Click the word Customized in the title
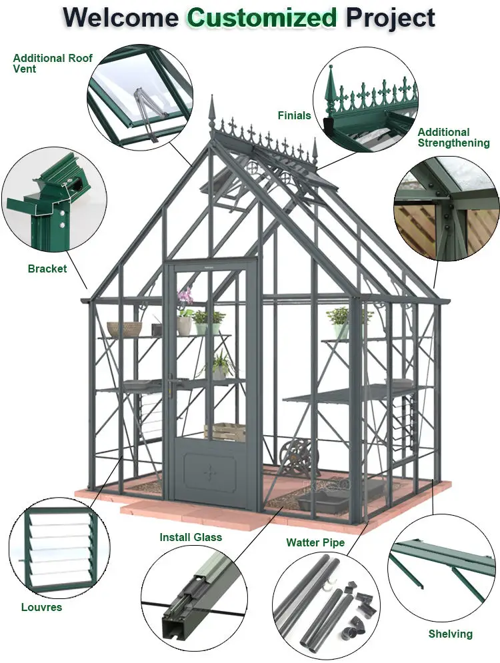pos(261,17)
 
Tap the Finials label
pos(294,115)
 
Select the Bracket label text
pos(47,269)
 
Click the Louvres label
pos(41,607)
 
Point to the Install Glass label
pos(191,537)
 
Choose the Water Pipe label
pos(315,542)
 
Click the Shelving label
pos(450,634)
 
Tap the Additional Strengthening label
pos(453,137)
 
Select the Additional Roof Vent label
pos(53,63)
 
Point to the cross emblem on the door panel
pos(211,472)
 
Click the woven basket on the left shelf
pos(125,329)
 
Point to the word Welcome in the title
pos(121,17)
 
